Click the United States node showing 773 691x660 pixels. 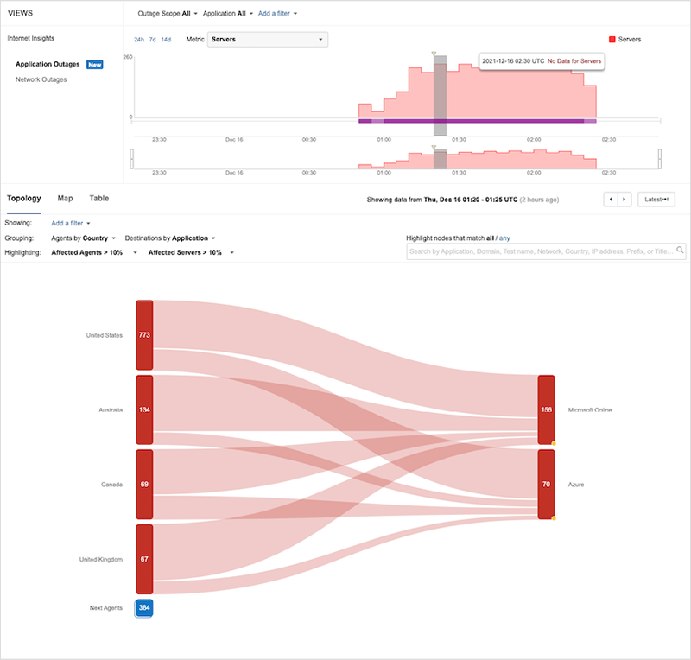pyautogui.click(x=144, y=335)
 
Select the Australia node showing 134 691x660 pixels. pyautogui.click(x=144, y=409)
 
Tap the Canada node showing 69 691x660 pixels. pyautogui.click(x=144, y=485)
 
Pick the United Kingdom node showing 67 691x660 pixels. pyautogui.click(x=144, y=559)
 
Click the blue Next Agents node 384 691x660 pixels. pyautogui.click(x=144, y=608)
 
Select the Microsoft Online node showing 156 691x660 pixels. pyautogui.click(x=546, y=409)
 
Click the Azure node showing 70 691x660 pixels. pyautogui.click(x=546, y=485)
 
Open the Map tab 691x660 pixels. pyautogui.click(x=66, y=199)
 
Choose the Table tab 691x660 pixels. pyautogui.click(x=99, y=199)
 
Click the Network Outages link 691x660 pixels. pyautogui.click(x=41, y=79)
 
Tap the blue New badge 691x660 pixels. pyautogui.click(x=95, y=65)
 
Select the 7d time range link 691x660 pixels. pyautogui.click(x=153, y=40)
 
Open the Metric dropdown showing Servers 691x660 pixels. pyautogui.click(x=268, y=40)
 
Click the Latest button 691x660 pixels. pyautogui.click(x=656, y=200)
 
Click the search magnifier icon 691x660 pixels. pyautogui.click(x=681, y=251)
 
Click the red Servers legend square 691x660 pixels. pyautogui.click(x=612, y=40)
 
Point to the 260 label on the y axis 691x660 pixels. pyautogui.click(x=128, y=57)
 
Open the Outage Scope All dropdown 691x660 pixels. pyautogui.click(x=168, y=14)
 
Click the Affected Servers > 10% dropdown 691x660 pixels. pyautogui.click(x=190, y=252)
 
